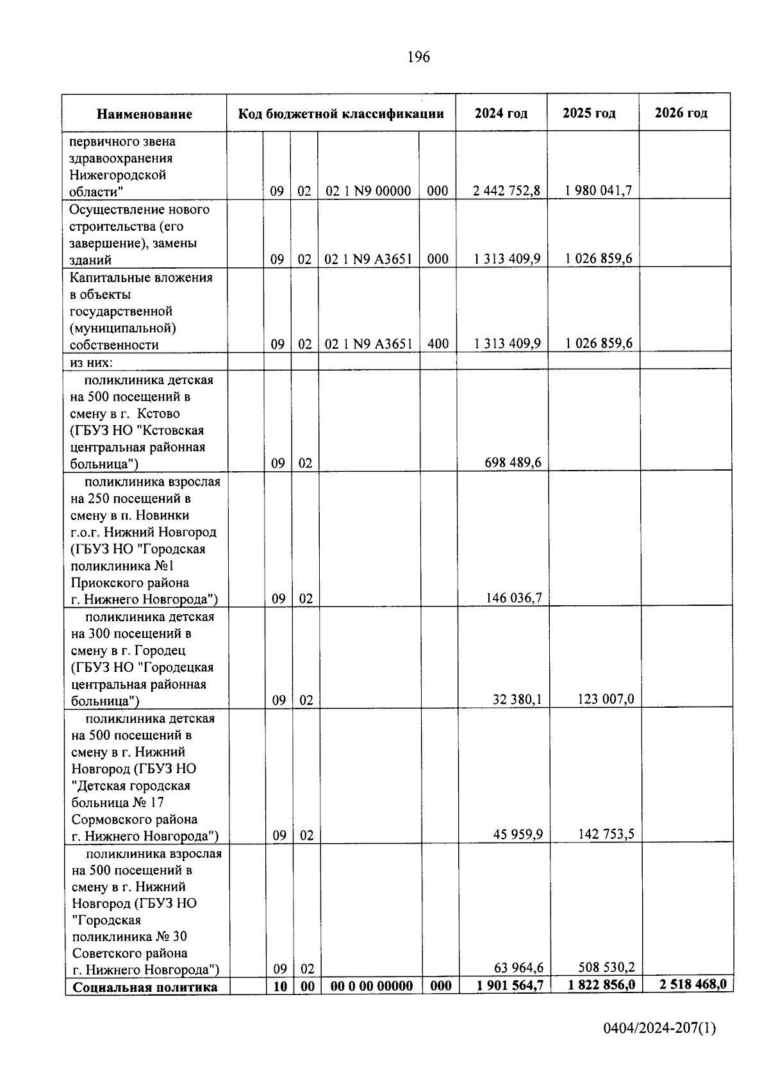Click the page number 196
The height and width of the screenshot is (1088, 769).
tap(418, 57)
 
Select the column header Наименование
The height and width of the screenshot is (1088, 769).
tap(144, 114)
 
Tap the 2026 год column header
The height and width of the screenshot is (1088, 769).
tap(681, 113)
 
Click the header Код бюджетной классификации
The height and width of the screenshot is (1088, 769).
tap(341, 114)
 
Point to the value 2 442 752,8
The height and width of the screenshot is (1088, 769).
tap(506, 190)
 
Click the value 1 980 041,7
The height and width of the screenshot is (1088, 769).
tap(598, 190)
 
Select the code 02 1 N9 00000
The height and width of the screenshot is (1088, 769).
tap(368, 190)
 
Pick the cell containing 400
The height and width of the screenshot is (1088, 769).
tap(438, 344)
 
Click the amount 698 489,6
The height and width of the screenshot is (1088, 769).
tap(513, 462)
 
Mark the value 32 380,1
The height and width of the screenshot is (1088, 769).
tap(517, 699)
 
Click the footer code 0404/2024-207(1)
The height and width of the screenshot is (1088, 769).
tap(659, 1028)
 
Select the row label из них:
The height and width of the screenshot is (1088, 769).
tap(91, 362)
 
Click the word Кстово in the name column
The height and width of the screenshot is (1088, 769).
tap(158, 414)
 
